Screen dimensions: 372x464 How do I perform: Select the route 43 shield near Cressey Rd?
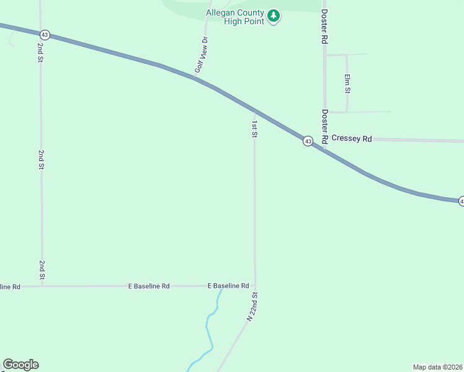[x=308, y=141]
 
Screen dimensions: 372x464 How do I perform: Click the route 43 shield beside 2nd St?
[x=44, y=35]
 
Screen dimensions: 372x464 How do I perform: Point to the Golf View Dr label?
[x=200, y=55]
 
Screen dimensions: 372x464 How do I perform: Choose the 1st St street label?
[x=254, y=128]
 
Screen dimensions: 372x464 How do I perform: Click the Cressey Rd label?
[x=351, y=138]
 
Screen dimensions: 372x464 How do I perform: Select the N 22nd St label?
[x=252, y=306]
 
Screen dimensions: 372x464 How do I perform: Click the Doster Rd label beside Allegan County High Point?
[x=324, y=26]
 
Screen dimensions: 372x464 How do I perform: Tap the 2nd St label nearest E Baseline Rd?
[x=42, y=269]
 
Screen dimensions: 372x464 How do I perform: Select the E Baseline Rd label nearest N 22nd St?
[x=228, y=286]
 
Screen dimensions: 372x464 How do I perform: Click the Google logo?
[x=20, y=365]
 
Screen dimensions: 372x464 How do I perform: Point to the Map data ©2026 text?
[x=437, y=367]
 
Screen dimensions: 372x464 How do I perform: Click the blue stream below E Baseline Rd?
[x=209, y=335]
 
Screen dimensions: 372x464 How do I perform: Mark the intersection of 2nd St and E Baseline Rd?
[x=42, y=286]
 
